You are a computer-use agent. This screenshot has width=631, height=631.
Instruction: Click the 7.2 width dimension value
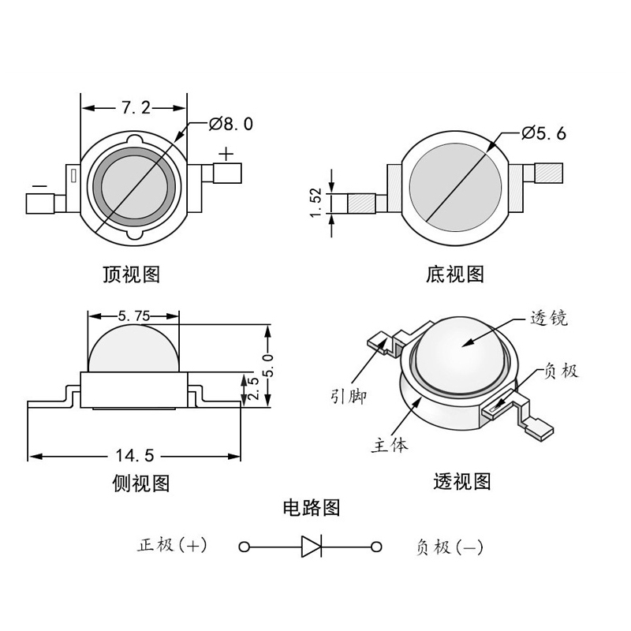pos(135,107)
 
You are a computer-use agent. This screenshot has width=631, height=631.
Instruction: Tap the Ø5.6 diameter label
pos(544,133)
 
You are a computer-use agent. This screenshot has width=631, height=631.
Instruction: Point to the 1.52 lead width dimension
pos(315,203)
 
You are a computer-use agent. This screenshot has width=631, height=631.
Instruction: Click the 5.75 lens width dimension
pos(133,315)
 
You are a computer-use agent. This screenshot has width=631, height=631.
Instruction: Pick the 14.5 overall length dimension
pos(134,455)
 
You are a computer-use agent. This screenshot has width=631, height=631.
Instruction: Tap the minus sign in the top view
pos(38,187)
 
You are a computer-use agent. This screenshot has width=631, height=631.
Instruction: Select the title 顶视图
pos(132,274)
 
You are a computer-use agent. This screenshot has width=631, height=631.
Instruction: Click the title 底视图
pos(454,274)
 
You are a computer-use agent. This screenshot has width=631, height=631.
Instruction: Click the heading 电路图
pos(312,508)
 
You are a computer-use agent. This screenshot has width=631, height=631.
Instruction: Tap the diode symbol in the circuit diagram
pos(311,546)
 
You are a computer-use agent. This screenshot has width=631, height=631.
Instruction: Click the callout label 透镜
pos(549,319)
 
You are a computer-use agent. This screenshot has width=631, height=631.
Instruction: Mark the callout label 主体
pos(390,445)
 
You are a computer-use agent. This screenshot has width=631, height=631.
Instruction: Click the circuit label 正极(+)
pos(172,545)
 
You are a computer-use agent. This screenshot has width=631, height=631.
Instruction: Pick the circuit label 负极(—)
pos(448,547)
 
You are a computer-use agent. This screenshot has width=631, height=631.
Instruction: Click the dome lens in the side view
pos(133,347)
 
